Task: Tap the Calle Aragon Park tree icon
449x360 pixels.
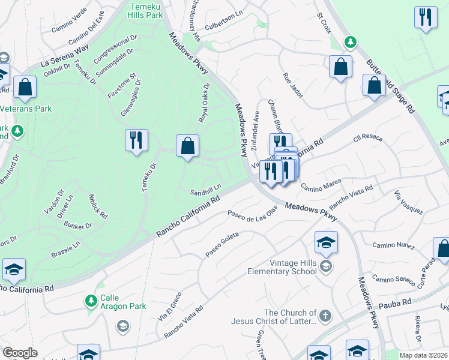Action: pos(91,299)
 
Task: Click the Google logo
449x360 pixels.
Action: pos(20,353)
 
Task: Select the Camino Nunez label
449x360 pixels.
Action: pos(394,245)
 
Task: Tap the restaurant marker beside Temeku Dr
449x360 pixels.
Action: pos(136,140)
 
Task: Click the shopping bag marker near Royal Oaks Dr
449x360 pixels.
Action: pos(187,146)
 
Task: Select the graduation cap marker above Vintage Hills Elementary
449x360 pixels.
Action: pos(326,242)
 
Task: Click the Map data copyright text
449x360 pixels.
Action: pos(424,355)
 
